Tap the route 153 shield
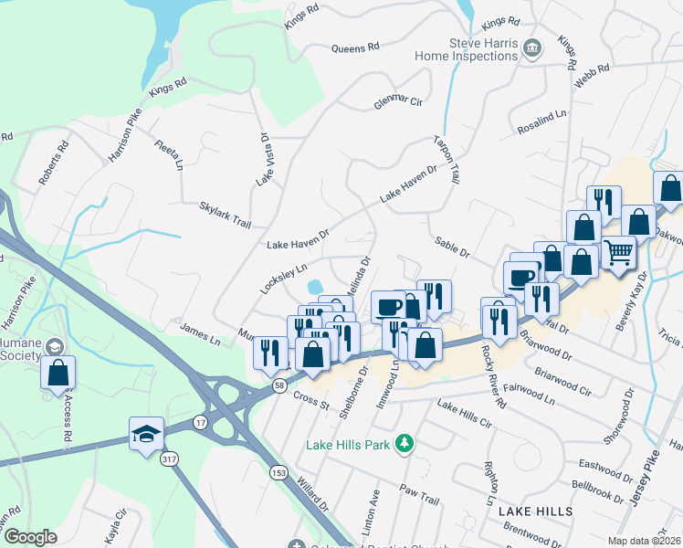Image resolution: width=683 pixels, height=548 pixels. pos(277,471)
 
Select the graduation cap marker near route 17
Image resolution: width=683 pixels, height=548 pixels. pos(145,436)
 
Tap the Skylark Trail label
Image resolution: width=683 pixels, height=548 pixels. pos(225,216)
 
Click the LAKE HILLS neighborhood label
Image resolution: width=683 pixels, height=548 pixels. pos(535,511)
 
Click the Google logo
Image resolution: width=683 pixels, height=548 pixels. pos(30,537)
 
